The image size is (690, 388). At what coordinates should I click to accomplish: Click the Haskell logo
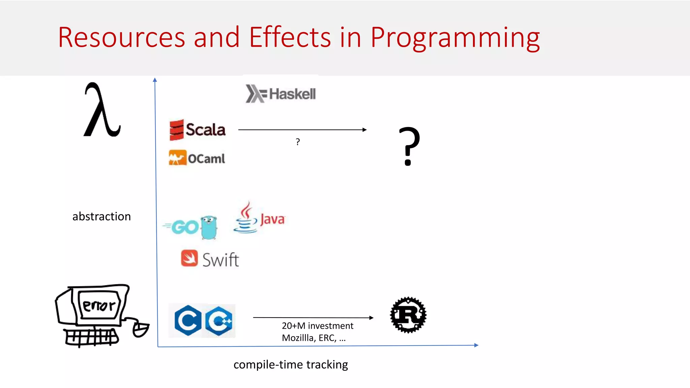click(x=281, y=94)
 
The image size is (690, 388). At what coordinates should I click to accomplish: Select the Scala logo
click(x=197, y=130)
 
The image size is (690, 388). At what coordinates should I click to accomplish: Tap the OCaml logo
click(x=197, y=158)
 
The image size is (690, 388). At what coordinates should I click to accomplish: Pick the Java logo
click(x=259, y=218)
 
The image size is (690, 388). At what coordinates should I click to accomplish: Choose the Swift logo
click(x=210, y=259)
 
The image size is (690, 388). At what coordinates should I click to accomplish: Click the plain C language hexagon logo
click(x=188, y=321)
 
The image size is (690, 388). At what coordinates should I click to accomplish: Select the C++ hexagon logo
click(x=219, y=321)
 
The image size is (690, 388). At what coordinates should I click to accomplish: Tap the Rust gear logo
click(x=408, y=315)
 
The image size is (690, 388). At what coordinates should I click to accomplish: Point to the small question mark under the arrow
click(x=297, y=142)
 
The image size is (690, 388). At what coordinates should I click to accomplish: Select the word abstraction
click(x=101, y=216)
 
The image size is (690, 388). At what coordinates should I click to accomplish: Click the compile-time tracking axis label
click(x=290, y=364)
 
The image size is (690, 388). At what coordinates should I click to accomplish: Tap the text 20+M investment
click(x=317, y=326)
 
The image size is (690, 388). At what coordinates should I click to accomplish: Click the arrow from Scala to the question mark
click(x=302, y=130)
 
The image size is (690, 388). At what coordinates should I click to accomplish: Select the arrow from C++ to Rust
click(x=313, y=317)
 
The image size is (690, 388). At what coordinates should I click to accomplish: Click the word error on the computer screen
click(x=99, y=305)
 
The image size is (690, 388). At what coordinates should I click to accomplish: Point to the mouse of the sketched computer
click(x=140, y=329)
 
